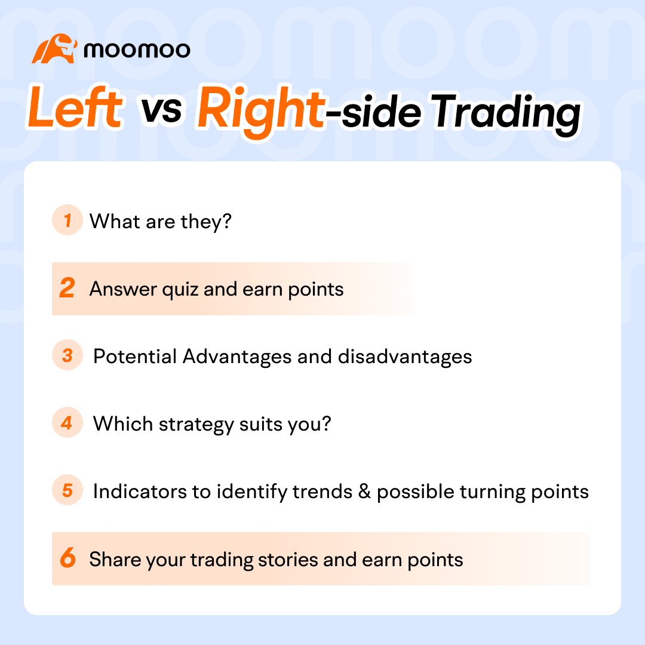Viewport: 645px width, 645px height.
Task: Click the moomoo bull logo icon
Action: coord(54,49)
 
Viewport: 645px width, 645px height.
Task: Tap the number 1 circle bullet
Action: coord(67,221)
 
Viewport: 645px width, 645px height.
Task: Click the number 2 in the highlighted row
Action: coord(67,289)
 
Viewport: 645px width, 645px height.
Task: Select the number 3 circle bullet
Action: coord(67,356)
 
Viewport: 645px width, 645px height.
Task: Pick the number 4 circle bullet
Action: coord(67,423)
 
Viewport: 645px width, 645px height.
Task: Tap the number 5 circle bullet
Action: coord(67,491)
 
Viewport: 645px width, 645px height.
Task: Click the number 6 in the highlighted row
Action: coord(67,559)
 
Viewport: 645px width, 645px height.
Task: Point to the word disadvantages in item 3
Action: coord(404,357)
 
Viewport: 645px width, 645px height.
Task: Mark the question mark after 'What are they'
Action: coord(226,222)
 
